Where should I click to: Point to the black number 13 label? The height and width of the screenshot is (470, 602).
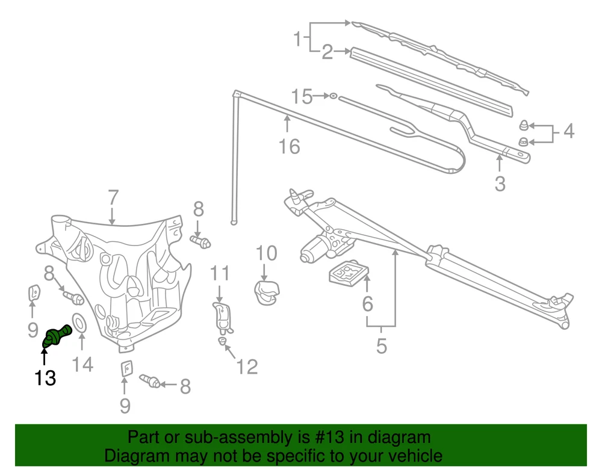click(x=45, y=378)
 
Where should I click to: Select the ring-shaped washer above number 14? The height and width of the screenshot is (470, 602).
click(x=79, y=323)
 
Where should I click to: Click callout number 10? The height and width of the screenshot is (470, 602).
click(x=267, y=253)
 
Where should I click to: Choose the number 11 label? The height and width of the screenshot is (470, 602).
click(x=220, y=274)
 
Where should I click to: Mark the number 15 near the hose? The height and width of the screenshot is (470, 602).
click(x=302, y=96)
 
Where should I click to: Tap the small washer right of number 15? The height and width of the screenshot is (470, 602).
click(x=333, y=96)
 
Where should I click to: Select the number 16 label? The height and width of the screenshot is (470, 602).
click(x=290, y=146)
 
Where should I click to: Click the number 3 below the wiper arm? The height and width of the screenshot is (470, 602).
click(x=500, y=183)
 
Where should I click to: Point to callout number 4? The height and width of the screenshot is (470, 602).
click(x=568, y=131)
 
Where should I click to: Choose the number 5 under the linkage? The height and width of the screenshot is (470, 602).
click(x=381, y=347)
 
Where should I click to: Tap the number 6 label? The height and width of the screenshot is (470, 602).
click(x=367, y=304)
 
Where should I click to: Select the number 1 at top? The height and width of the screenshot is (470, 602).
click(x=297, y=39)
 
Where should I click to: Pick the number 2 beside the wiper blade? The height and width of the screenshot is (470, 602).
click(x=327, y=52)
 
